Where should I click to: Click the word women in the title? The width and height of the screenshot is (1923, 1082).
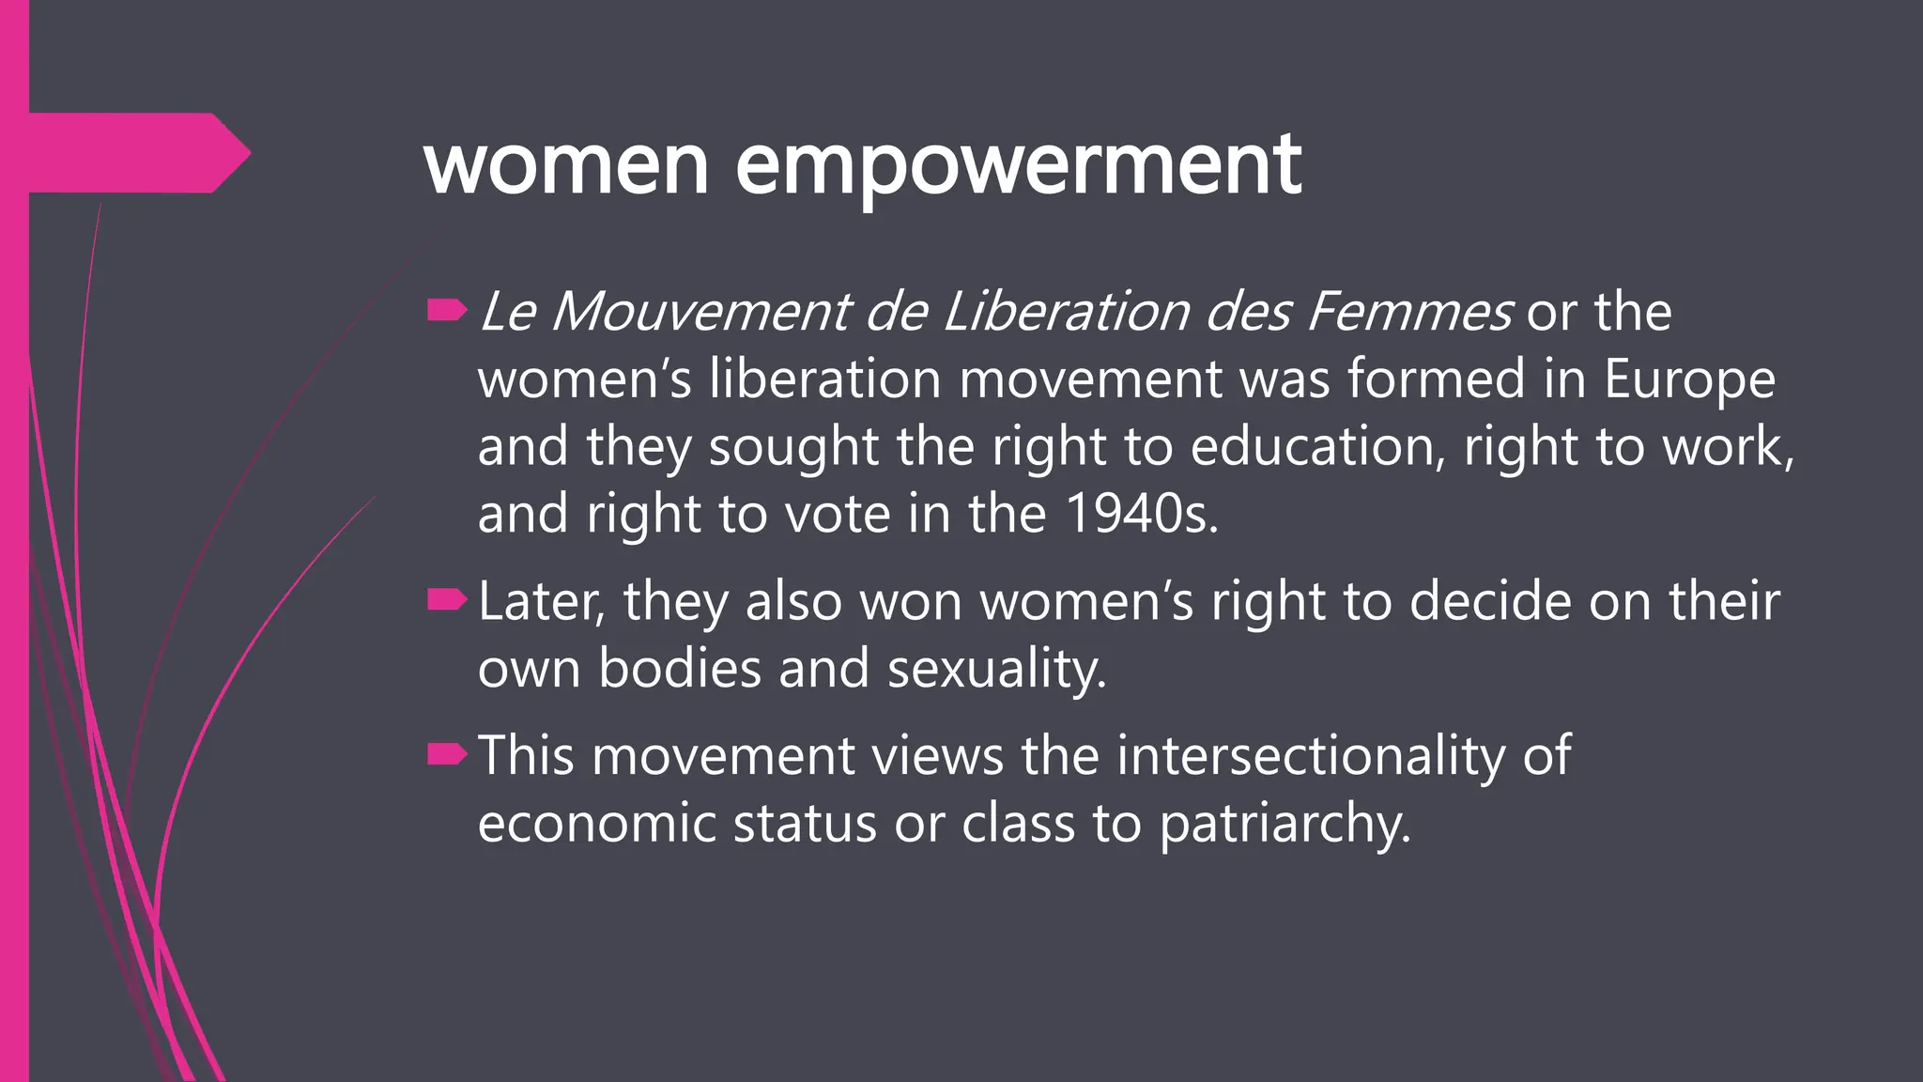pyautogui.click(x=566, y=165)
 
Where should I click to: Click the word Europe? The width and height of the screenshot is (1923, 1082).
pyautogui.click(x=1689, y=379)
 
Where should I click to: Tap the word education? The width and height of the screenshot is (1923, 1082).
pyautogui.click(x=1317, y=446)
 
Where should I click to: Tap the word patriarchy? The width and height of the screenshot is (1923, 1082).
pyautogui.click(x=1285, y=825)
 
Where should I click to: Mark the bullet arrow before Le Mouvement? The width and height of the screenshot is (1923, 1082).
pyautogui.click(x=447, y=311)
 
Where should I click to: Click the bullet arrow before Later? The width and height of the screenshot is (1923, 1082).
pyautogui.click(x=447, y=600)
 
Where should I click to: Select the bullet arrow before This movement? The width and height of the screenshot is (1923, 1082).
pyautogui.click(x=447, y=754)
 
